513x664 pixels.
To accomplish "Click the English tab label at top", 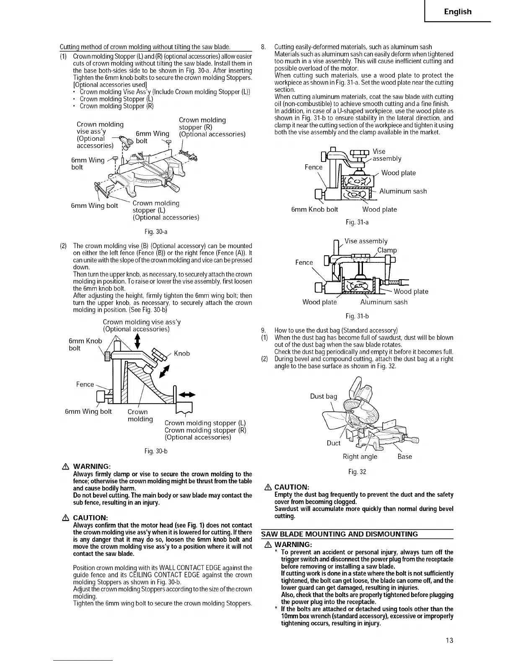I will click(x=458, y=12).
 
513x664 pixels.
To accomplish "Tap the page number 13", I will click(x=450, y=640).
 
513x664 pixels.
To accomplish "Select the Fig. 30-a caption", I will click(x=156, y=231).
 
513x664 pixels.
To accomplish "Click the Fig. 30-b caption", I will click(x=156, y=451).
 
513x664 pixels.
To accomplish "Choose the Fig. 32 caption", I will click(x=357, y=472).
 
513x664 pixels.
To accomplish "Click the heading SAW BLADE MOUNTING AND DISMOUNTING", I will click(x=339, y=534).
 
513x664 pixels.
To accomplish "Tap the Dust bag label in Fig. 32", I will click(x=323, y=396).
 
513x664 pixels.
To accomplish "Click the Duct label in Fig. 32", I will click(x=334, y=443).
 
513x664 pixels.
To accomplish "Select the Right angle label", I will click(x=360, y=456).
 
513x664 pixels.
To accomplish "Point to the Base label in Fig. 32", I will click(x=404, y=456).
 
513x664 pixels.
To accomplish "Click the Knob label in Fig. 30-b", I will click(x=181, y=353).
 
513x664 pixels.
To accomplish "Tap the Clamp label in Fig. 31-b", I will click(x=387, y=250).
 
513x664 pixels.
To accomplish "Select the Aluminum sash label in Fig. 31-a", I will click(x=403, y=191).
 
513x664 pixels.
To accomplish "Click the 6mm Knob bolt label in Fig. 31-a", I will click(x=314, y=209).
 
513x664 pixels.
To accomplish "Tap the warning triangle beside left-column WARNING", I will click(x=65, y=467).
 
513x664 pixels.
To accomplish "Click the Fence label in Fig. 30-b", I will click(x=85, y=384).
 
